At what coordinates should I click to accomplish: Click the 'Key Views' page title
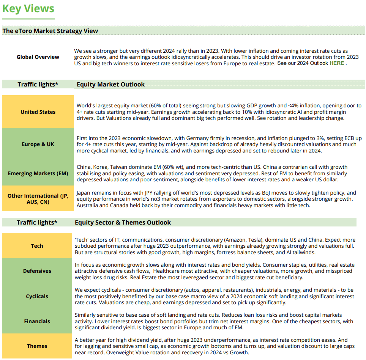coord(28,9)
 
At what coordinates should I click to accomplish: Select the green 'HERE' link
coord(337,63)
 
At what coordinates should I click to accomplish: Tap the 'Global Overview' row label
coord(38,57)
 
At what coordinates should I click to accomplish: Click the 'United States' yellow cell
coord(38,112)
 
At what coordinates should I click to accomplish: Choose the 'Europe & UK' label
coord(38,144)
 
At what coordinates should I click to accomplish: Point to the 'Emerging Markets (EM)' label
coord(38,173)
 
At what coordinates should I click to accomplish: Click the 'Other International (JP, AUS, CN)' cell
coord(38,199)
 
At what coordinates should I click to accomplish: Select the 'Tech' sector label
coord(37,246)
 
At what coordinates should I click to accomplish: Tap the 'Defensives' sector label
coord(37,271)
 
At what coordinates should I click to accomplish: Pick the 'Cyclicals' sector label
coord(37,296)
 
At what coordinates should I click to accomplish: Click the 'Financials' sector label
coord(37,321)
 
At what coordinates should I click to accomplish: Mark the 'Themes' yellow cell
coord(37,346)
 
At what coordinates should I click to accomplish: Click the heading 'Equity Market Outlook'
coord(110,84)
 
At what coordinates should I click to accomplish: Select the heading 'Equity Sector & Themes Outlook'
coord(123,222)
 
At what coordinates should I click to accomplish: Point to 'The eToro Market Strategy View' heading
coord(50,31)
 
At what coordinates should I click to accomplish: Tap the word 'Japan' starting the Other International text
coord(84,193)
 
